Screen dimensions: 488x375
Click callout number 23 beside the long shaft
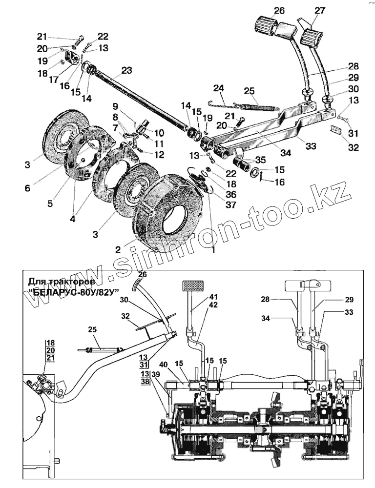tap(126, 70)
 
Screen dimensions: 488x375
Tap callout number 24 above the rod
tap(218, 88)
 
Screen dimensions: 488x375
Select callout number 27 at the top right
tap(319, 11)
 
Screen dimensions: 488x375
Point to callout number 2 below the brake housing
tap(118, 249)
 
